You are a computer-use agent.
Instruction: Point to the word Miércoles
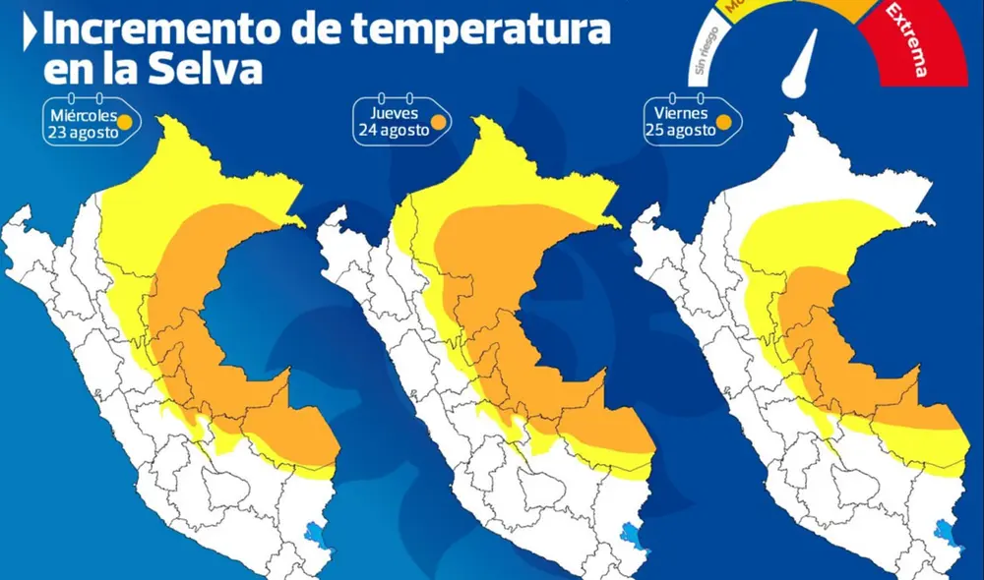pos(84,115)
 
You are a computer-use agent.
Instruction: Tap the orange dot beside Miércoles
pos(126,122)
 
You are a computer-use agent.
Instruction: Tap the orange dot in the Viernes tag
pos(723,123)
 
